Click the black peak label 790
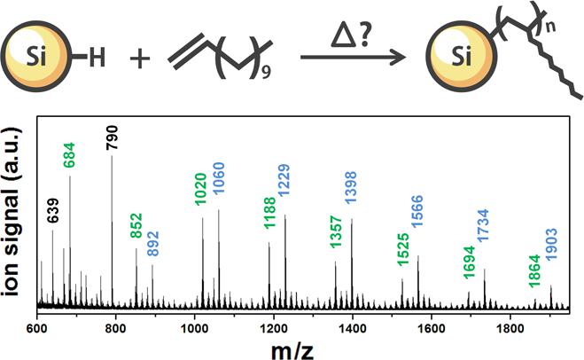(112, 140)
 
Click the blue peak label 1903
(550, 267)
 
